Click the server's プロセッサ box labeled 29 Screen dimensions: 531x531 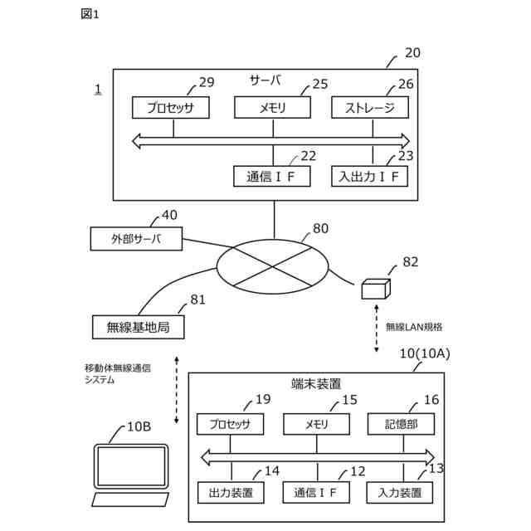(x=171, y=108)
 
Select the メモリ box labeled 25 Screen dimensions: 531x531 (x=272, y=108)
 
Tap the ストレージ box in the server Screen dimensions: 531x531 (x=370, y=108)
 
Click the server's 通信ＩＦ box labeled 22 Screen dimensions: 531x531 (x=271, y=177)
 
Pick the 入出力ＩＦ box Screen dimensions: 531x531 (x=369, y=177)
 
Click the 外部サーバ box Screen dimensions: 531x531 (x=136, y=239)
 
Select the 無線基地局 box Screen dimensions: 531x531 (x=139, y=327)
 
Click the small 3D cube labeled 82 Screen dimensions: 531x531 (x=376, y=289)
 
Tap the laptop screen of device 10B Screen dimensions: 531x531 (x=131, y=466)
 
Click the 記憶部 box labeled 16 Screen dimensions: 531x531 (x=401, y=424)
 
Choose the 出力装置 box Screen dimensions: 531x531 (x=231, y=493)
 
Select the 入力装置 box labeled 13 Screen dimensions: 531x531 (x=400, y=493)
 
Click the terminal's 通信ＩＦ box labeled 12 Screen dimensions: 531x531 (x=316, y=493)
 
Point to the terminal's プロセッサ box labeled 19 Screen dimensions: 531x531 (x=230, y=424)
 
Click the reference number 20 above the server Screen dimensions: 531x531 (x=412, y=53)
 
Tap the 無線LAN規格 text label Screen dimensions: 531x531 (x=414, y=327)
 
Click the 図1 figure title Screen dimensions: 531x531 (x=90, y=14)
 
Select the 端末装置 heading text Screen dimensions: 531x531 (x=316, y=384)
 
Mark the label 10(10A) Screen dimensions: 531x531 (x=425, y=353)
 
